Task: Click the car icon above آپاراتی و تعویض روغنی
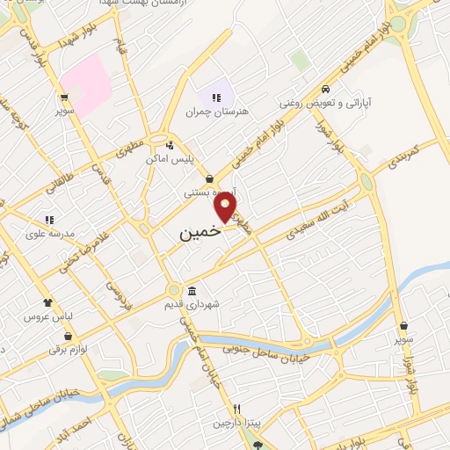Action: coord(326,89)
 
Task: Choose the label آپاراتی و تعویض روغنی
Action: coord(326,103)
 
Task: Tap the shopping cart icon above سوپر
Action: coord(64,98)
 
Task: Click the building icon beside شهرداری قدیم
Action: coord(192,291)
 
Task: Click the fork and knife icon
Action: coord(236,410)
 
